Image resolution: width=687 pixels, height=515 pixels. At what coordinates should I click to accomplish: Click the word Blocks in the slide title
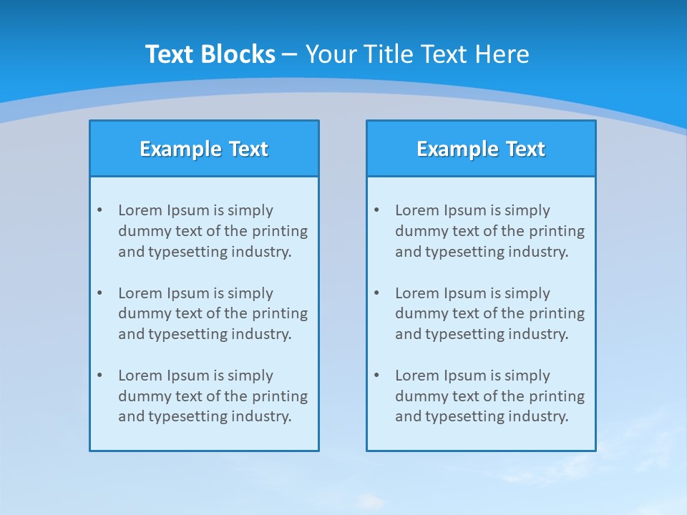237,54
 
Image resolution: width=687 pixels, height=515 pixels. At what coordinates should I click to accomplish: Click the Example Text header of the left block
204,149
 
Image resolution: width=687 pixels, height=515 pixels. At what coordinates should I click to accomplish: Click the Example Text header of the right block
481,149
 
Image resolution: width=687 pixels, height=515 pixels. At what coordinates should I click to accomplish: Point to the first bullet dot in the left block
99,210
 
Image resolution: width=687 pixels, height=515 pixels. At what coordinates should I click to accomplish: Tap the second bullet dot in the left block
99,293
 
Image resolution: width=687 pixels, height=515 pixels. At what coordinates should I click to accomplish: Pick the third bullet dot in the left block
99,376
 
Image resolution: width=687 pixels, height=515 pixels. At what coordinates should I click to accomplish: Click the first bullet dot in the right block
376,210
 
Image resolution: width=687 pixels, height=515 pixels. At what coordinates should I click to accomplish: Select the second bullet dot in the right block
376,293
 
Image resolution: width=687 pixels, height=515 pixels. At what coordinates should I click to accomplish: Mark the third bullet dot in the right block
376,376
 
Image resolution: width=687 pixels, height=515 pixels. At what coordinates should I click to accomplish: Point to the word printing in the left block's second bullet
281,313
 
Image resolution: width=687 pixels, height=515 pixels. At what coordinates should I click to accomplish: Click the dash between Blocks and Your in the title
290,54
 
